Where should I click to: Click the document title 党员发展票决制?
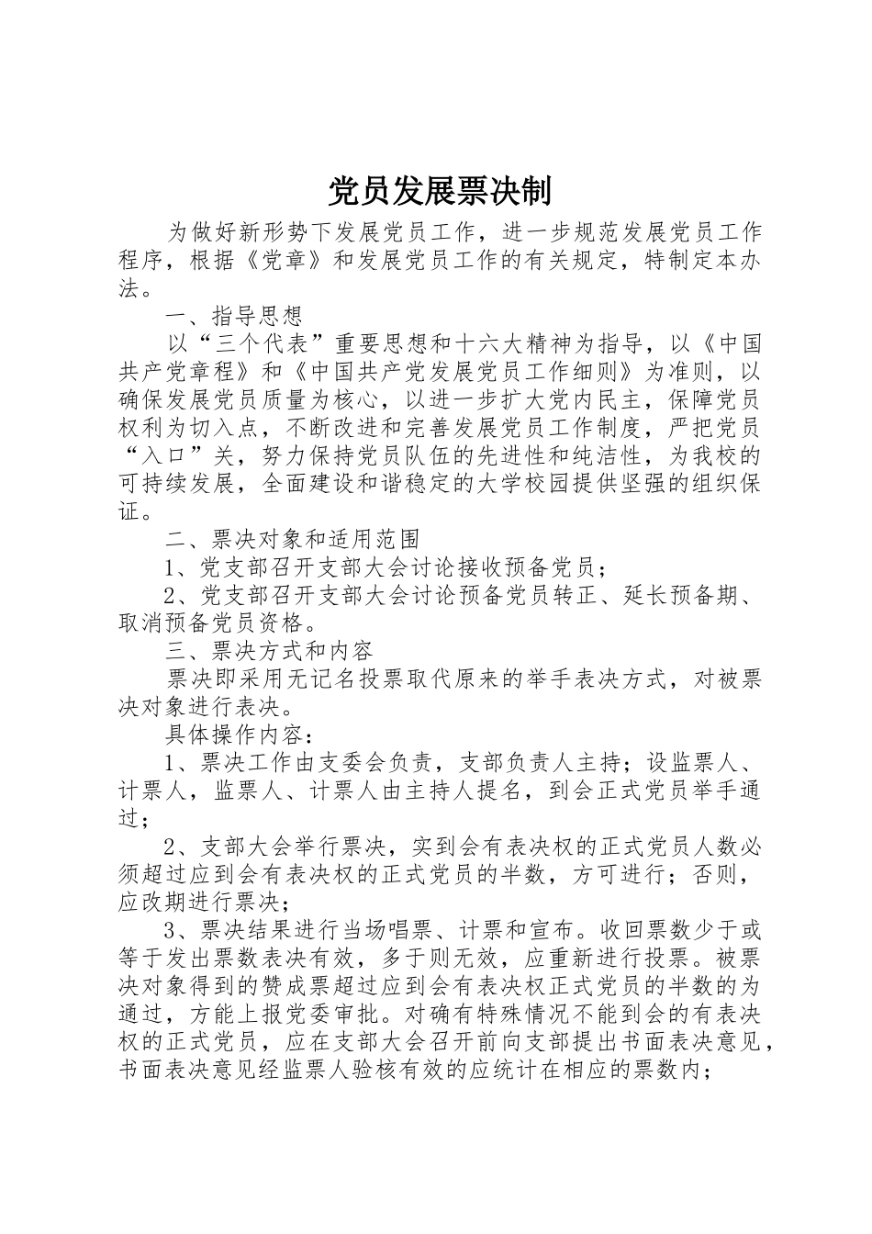(440, 192)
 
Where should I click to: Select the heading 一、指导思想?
(234, 317)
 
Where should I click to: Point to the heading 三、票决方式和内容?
(269, 650)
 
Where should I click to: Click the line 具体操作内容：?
(234, 734)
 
